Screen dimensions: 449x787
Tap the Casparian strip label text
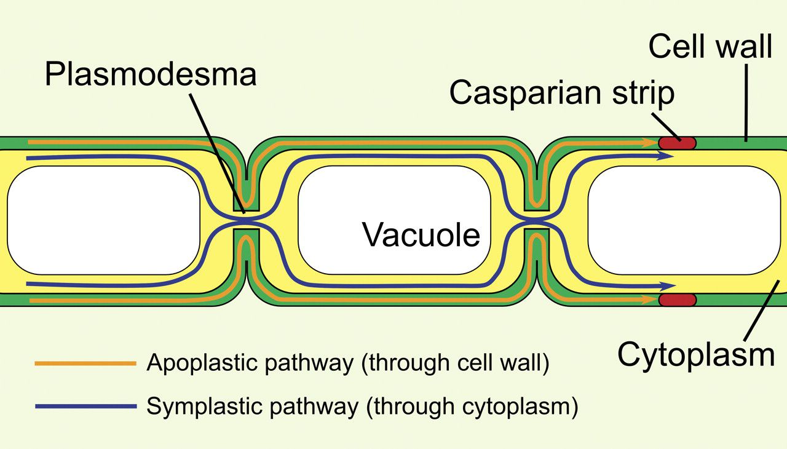tap(562, 93)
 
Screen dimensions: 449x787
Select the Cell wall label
tap(710, 46)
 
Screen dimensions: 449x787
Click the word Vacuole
tap(421, 235)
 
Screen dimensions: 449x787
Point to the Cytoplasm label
tap(695, 354)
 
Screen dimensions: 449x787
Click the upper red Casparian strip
tap(678, 143)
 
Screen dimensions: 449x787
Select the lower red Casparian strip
tap(678, 300)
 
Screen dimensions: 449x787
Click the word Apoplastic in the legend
tap(196, 364)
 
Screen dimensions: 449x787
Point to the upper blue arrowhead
tap(667, 156)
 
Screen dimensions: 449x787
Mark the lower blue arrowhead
tap(667, 286)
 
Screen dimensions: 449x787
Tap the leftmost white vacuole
tap(103, 220)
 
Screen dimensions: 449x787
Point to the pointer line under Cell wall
tap(746, 101)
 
